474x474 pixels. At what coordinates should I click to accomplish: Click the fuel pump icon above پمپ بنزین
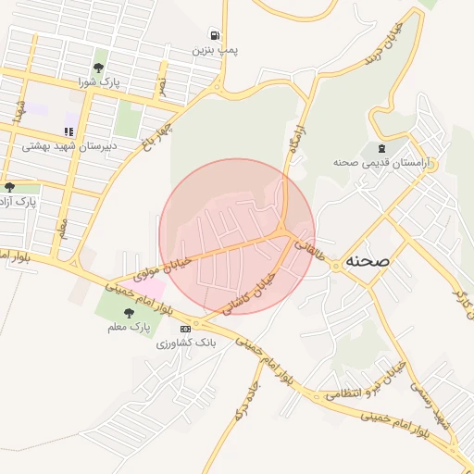click(215, 34)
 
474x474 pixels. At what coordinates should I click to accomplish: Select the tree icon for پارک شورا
click(99, 68)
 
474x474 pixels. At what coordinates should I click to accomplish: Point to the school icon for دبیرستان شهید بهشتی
click(68, 131)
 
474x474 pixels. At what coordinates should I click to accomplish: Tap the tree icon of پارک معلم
click(129, 313)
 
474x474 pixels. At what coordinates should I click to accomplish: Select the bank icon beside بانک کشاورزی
click(185, 329)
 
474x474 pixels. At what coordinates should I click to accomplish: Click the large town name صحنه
click(368, 261)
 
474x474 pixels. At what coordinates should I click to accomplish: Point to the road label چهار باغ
click(156, 135)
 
